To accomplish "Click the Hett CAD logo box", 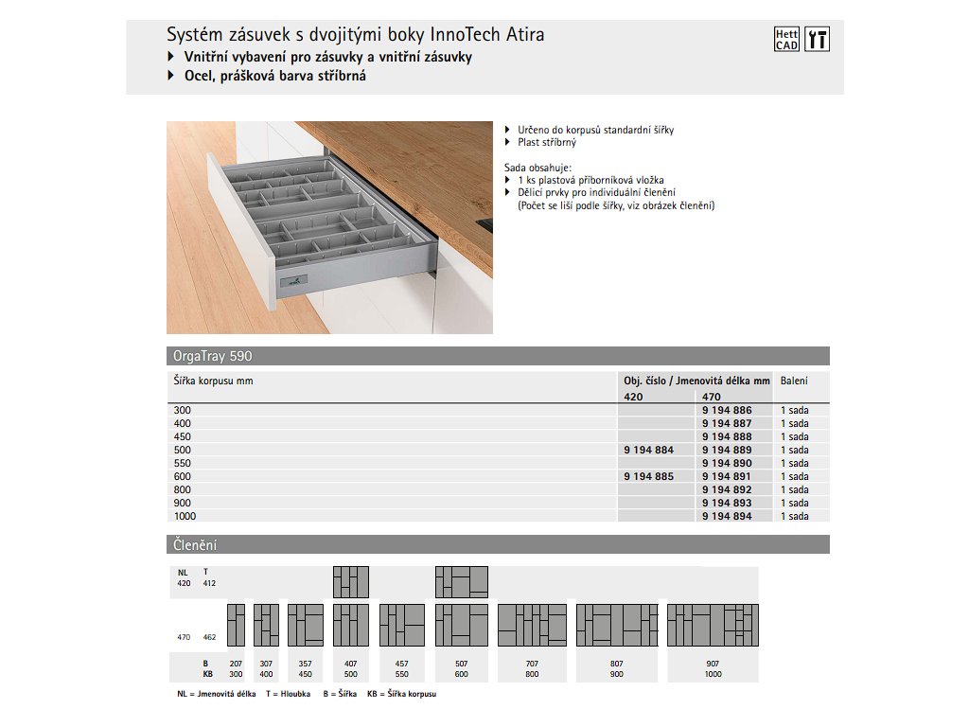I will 787,39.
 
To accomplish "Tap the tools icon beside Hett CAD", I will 818,39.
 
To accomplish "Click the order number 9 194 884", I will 649,450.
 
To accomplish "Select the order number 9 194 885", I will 649,476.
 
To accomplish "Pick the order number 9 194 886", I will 727,410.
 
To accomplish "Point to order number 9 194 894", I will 727,516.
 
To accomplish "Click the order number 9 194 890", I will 727,463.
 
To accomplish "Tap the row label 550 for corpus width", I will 182,463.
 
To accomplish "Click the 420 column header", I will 633,398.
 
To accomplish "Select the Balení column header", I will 794,381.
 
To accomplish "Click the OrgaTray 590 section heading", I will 213,357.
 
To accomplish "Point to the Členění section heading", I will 195,545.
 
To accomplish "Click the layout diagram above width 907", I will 713,625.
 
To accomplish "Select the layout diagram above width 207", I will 236,625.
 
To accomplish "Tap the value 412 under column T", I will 209,583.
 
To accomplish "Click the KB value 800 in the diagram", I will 532,674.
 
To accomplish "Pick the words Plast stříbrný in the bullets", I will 546,142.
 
